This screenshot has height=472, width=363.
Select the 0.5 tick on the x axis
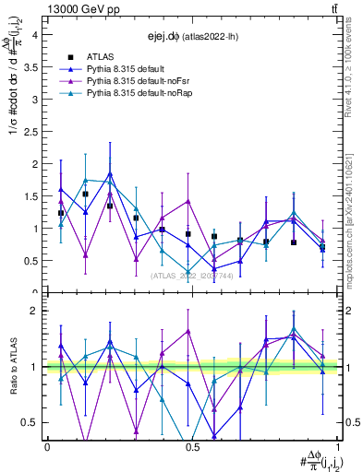pos(191,447)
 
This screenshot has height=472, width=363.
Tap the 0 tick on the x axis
pos(47,447)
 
